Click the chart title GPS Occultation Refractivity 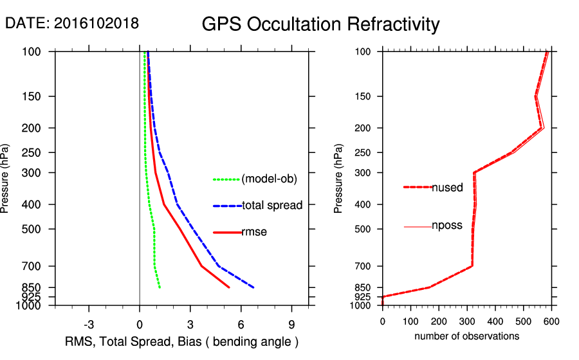click(320, 24)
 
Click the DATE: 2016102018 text click(71, 23)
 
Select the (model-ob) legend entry click(269, 179)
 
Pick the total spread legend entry click(272, 206)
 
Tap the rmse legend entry click(254, 232)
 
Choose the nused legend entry click(447, 188)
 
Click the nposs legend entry click(447, 226)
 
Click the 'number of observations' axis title click(466, 336)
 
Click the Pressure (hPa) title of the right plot click(339, 178)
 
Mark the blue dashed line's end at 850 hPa click(254, 287)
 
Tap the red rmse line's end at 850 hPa click(229, 287)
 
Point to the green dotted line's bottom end click(160, 287)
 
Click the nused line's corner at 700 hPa click(472, 265)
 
